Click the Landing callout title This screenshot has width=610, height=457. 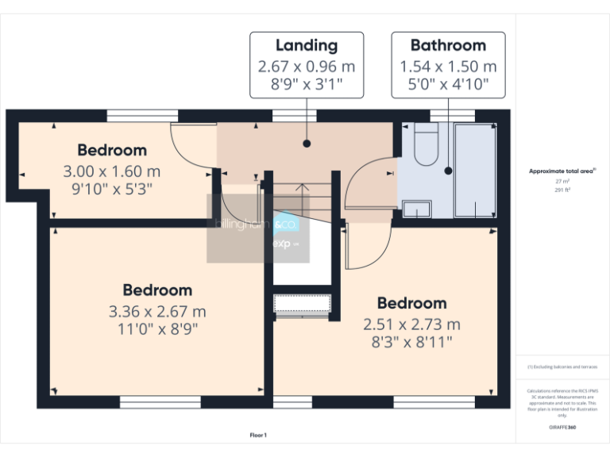point(307,45)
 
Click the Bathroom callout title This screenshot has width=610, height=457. point(448,45)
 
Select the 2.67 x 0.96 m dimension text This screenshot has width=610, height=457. point(307,66)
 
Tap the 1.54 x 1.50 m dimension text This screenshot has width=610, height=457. point(448,66)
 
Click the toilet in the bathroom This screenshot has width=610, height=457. point(426,148)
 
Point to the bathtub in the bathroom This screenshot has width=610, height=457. point(475,170)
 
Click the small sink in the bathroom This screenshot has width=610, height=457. point(416,209)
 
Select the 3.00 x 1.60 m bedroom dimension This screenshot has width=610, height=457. point(112,171)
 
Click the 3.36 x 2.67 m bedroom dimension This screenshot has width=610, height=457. point(156,311)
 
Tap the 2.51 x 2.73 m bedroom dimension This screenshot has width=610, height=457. point(411,325)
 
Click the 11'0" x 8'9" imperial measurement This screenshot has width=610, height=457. point(156,328)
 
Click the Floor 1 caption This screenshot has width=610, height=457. point(258,435)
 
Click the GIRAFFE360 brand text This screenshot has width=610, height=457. point(562,428)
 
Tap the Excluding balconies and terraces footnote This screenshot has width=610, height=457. point(562,367)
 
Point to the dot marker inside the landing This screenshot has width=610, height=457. point(307,144)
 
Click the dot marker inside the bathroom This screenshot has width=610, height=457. point(448,170)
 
